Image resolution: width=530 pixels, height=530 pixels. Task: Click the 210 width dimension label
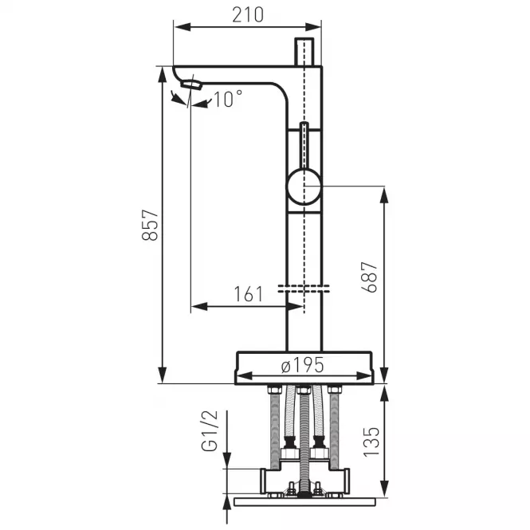[248, 15]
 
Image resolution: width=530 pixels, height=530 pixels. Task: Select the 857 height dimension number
[150, 225]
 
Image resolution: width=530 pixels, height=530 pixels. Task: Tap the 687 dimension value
[369, 277]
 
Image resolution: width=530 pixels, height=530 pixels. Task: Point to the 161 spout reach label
[249, 294]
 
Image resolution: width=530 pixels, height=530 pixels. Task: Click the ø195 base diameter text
[303, 365]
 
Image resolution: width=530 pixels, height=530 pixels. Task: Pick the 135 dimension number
[371, 442]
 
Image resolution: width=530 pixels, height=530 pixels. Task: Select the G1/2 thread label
[210, 431]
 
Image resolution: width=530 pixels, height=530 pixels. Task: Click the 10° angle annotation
[228, 99]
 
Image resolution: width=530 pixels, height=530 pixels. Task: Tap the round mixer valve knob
[304, 186]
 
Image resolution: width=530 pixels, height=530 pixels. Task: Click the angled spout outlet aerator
[191, 84]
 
